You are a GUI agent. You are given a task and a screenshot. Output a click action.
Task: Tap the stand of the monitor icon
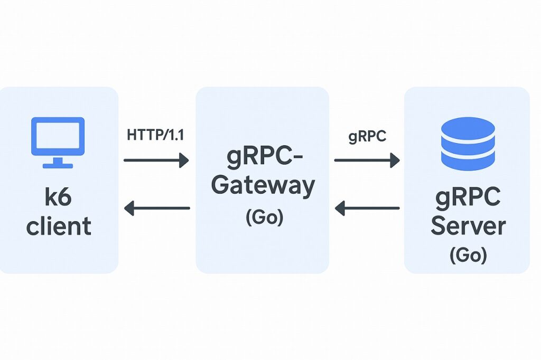(58, 163)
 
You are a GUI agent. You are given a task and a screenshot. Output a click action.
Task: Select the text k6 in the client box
(58, 198)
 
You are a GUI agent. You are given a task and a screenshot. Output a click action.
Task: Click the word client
(58, 226)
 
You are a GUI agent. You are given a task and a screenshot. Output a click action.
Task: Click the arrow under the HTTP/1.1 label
(156, 159)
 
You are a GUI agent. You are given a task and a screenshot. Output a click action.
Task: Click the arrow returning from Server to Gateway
(367, 208)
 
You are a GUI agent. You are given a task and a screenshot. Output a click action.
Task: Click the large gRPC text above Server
(468, 198)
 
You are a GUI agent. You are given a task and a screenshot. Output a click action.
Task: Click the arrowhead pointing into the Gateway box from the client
(184, 159)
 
